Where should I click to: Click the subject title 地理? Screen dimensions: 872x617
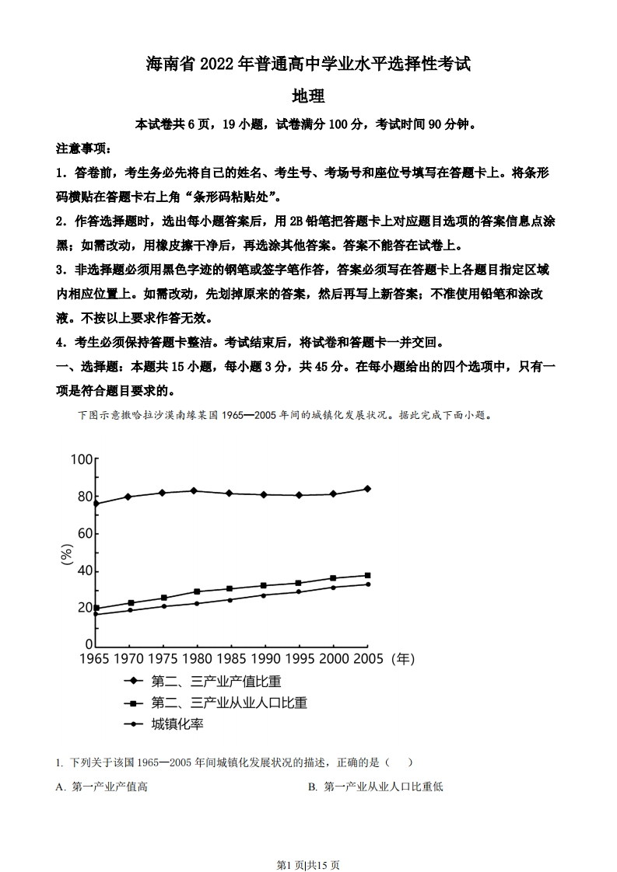[307, 97]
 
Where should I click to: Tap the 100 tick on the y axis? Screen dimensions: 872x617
[82, 459]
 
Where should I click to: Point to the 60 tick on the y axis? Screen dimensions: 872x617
[84, 534]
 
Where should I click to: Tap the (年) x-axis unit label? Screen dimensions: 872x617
[401, 659]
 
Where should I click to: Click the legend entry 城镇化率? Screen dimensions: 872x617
[177, 724]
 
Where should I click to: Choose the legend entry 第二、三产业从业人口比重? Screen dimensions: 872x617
[229, 703]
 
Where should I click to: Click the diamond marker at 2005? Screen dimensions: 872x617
[367, 489]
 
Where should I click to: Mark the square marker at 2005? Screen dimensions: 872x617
[367, 576]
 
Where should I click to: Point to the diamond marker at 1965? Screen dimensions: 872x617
[96, 504]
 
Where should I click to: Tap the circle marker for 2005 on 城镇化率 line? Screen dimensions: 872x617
[367, 584]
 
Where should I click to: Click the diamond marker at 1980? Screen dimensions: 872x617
[195, 490]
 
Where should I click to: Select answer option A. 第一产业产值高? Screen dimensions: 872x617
[102, 787]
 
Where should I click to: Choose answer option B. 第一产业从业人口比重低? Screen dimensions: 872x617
[375, 787]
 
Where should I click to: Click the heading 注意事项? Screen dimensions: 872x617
[83, 148]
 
